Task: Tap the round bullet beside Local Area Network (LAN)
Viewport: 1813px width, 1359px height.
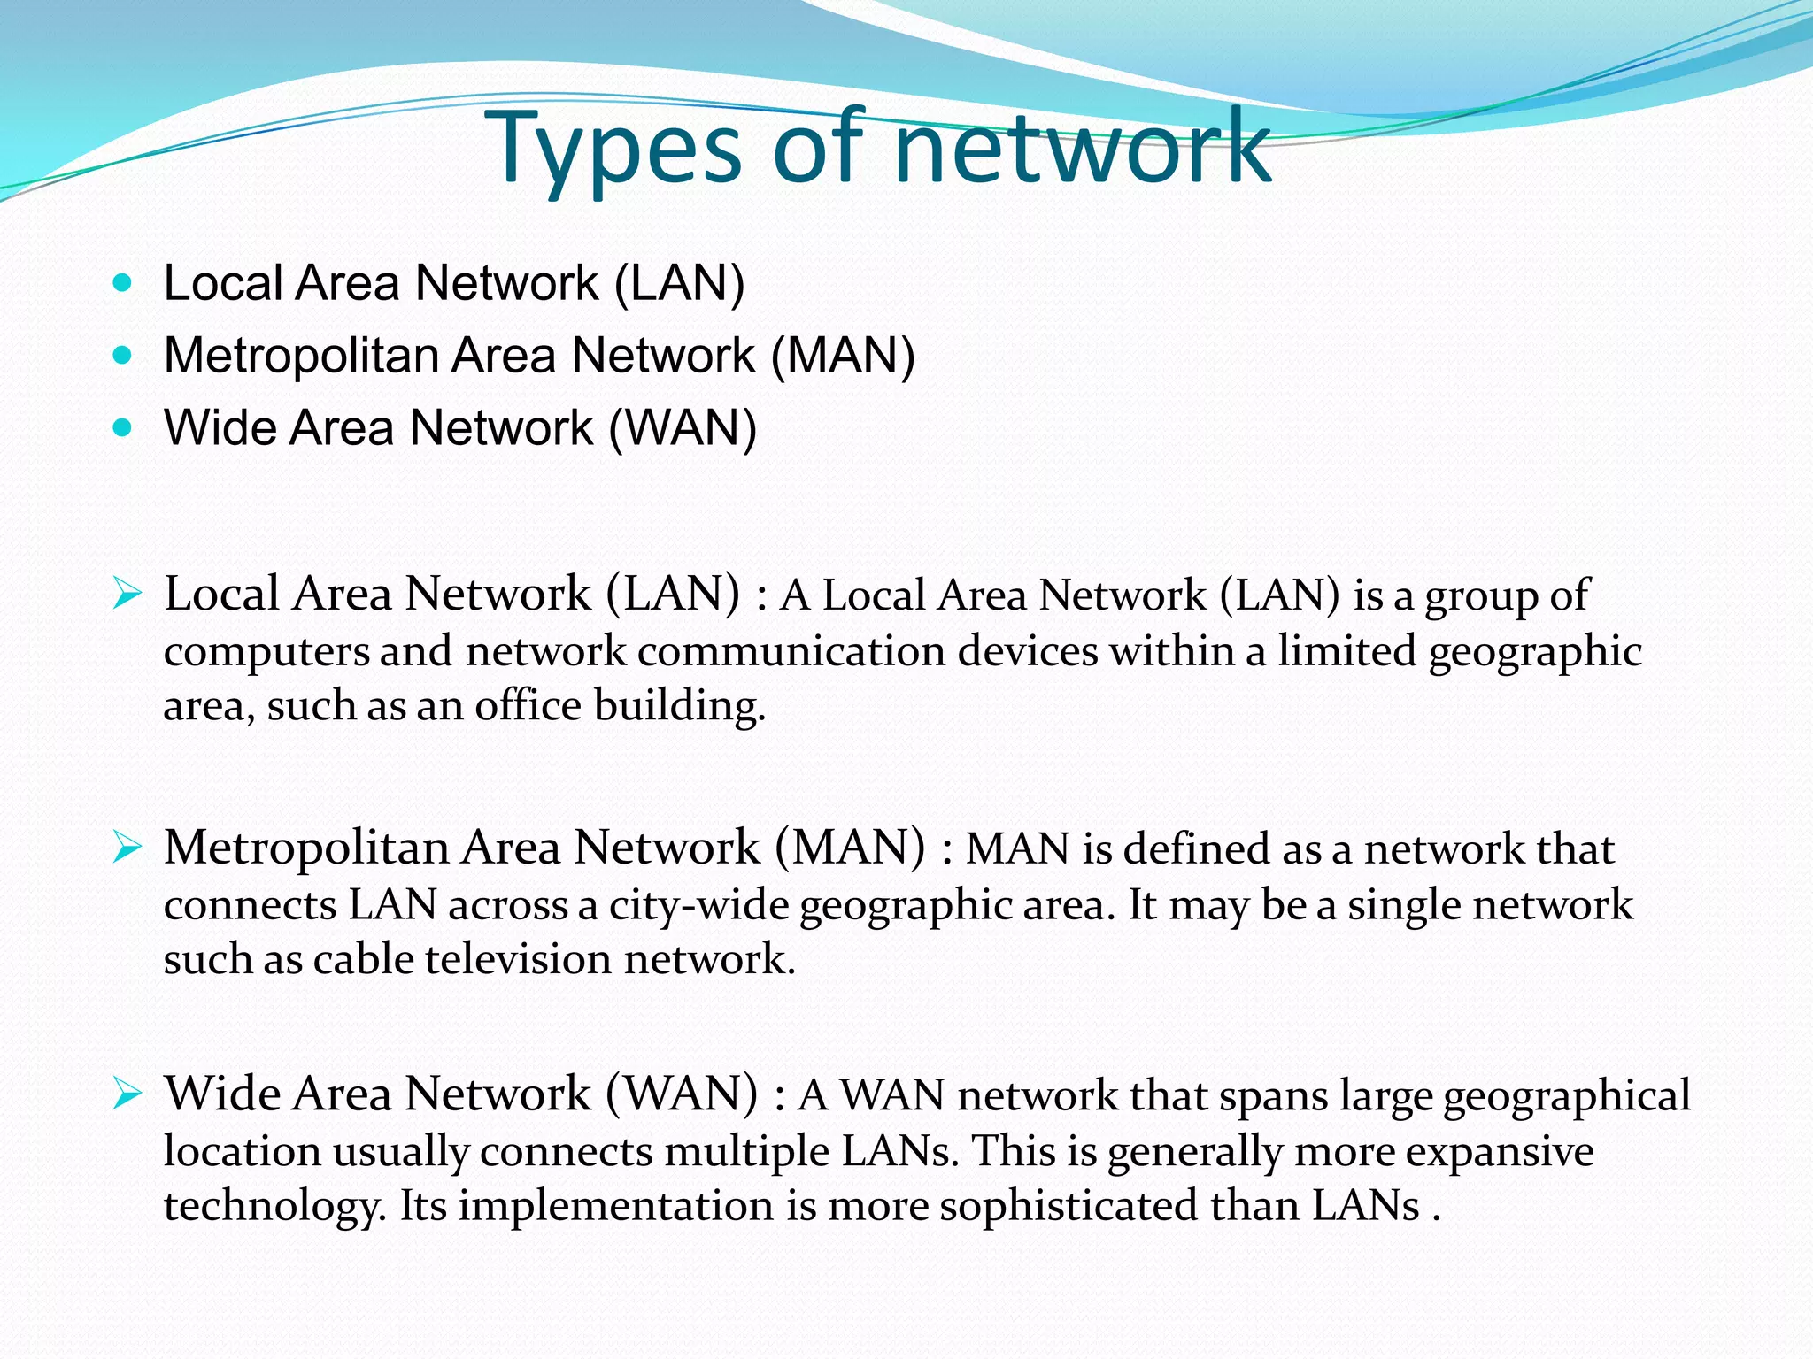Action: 123,283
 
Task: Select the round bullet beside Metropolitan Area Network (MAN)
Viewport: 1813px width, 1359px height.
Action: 123,356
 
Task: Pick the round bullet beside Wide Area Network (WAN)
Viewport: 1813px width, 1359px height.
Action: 123,428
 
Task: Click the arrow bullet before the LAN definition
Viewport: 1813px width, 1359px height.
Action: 127,594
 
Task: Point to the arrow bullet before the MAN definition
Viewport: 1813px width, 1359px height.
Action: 127,848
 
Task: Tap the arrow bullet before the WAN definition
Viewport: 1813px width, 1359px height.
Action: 127,1094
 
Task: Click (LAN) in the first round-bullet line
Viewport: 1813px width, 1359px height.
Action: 679,284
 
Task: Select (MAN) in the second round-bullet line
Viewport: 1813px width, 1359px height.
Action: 843,357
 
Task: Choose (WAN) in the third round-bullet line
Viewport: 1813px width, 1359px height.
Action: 682,429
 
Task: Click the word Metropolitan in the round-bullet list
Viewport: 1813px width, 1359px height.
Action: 301,357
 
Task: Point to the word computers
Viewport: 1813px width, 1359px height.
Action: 266,652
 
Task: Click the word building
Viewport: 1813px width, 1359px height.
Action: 679,707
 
